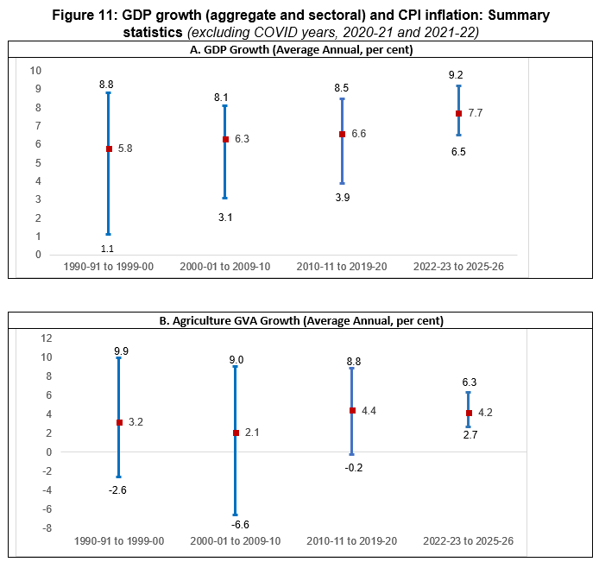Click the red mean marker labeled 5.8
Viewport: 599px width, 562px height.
point(109,148)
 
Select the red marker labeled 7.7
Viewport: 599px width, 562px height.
point(458,113)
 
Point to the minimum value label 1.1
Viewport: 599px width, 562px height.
point(108,248)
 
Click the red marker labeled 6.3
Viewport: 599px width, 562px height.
point(225,139)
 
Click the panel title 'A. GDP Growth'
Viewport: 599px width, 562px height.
point(299,50)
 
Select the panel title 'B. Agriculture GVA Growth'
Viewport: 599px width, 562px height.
point(299,321)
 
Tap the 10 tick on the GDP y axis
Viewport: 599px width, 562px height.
point(36,70)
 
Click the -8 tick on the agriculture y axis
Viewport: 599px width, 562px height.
point(47,528)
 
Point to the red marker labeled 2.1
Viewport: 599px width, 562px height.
point(235,433)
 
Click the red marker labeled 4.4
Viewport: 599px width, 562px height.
point(352,411)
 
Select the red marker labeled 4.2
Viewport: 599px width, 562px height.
point(469,413)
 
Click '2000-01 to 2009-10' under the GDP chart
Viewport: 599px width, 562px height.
point(225,266)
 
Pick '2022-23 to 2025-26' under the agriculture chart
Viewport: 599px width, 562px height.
point(468,540)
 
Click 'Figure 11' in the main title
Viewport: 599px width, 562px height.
point(85,16)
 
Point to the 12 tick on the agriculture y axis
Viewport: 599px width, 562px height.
point(47,338)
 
